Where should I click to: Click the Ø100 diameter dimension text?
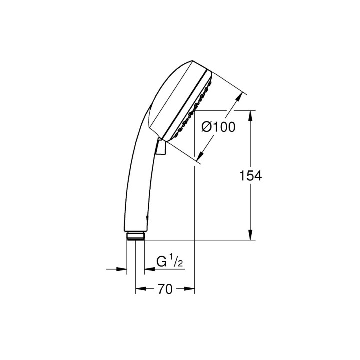(218, 128)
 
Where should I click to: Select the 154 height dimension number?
(249, 175)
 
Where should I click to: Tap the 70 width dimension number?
(165, 289)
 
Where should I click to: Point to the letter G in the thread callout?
(161, 261)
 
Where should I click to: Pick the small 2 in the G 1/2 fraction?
(180, 264)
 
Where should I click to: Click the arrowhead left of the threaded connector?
(122, 269)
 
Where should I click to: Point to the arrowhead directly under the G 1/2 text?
(149, 269)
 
